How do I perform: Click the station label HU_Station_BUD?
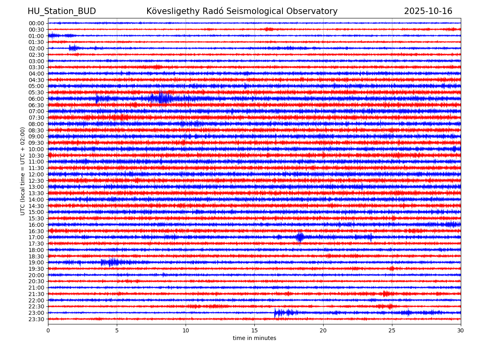pos(62,11)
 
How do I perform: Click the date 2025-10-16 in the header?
pos(428,11)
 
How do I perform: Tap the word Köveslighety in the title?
pos(166,11)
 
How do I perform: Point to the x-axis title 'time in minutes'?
pos(254,338)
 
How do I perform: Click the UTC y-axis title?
pos(23,171)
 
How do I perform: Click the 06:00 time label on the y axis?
pos(36,99)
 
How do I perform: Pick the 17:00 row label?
pos(36,237)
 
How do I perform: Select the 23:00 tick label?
pos(36,313)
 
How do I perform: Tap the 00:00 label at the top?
pos(36,23)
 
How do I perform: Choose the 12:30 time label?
pos(36,181)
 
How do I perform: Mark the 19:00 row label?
pos(36,262)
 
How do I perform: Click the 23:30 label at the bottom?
pos(36,319)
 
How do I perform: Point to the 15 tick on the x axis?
pos(254,330)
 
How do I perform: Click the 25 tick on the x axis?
pos(392,330)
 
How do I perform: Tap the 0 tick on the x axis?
pos(48,330)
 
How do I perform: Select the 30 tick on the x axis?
pos(461,330)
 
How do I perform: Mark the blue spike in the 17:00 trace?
pos(300,237)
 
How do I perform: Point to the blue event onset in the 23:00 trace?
pos(275,313)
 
